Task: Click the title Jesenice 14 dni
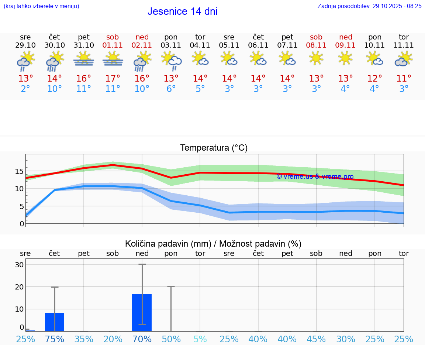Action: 182,11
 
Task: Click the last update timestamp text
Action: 369,6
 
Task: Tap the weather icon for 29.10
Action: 25,61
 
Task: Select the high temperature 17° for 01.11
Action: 113,78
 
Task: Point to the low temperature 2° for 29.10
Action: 25,89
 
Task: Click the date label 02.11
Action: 142,45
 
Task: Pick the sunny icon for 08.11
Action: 316,58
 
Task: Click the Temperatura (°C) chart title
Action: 214,148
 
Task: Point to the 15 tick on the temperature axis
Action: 19,171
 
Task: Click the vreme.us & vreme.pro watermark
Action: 315,176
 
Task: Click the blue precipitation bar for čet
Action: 55,322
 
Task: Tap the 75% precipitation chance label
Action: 55,339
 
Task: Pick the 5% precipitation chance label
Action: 200,339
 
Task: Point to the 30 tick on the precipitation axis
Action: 19,265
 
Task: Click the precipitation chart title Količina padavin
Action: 213,244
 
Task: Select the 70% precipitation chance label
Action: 142,339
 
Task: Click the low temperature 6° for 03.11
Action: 171,89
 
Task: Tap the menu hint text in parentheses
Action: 41,6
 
